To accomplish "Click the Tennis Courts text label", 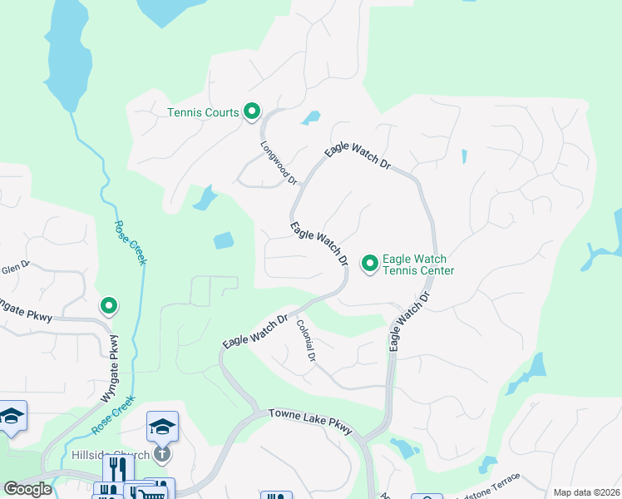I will click(x=203, y=113).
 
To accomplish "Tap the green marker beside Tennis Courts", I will click(x=252, y=111).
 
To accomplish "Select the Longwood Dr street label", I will click(x=279, y=162).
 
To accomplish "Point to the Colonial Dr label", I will click(x=306, y=341).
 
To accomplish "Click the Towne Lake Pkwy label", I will click(x=310, y=422).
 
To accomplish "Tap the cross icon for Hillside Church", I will click(x=162, y=454).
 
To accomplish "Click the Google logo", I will click(x=27, y=489).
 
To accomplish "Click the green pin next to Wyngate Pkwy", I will click(x=108, y=306).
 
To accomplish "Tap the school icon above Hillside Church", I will click(x=162, y=427).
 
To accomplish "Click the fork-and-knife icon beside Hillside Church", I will click(x=118, y=470).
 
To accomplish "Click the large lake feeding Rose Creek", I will click(x=70, y=58).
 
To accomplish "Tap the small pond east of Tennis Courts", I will click(x=311, y=118).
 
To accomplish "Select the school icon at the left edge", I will click(x=12, y=417).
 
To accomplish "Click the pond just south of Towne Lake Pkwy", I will click(x=406, y=449).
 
